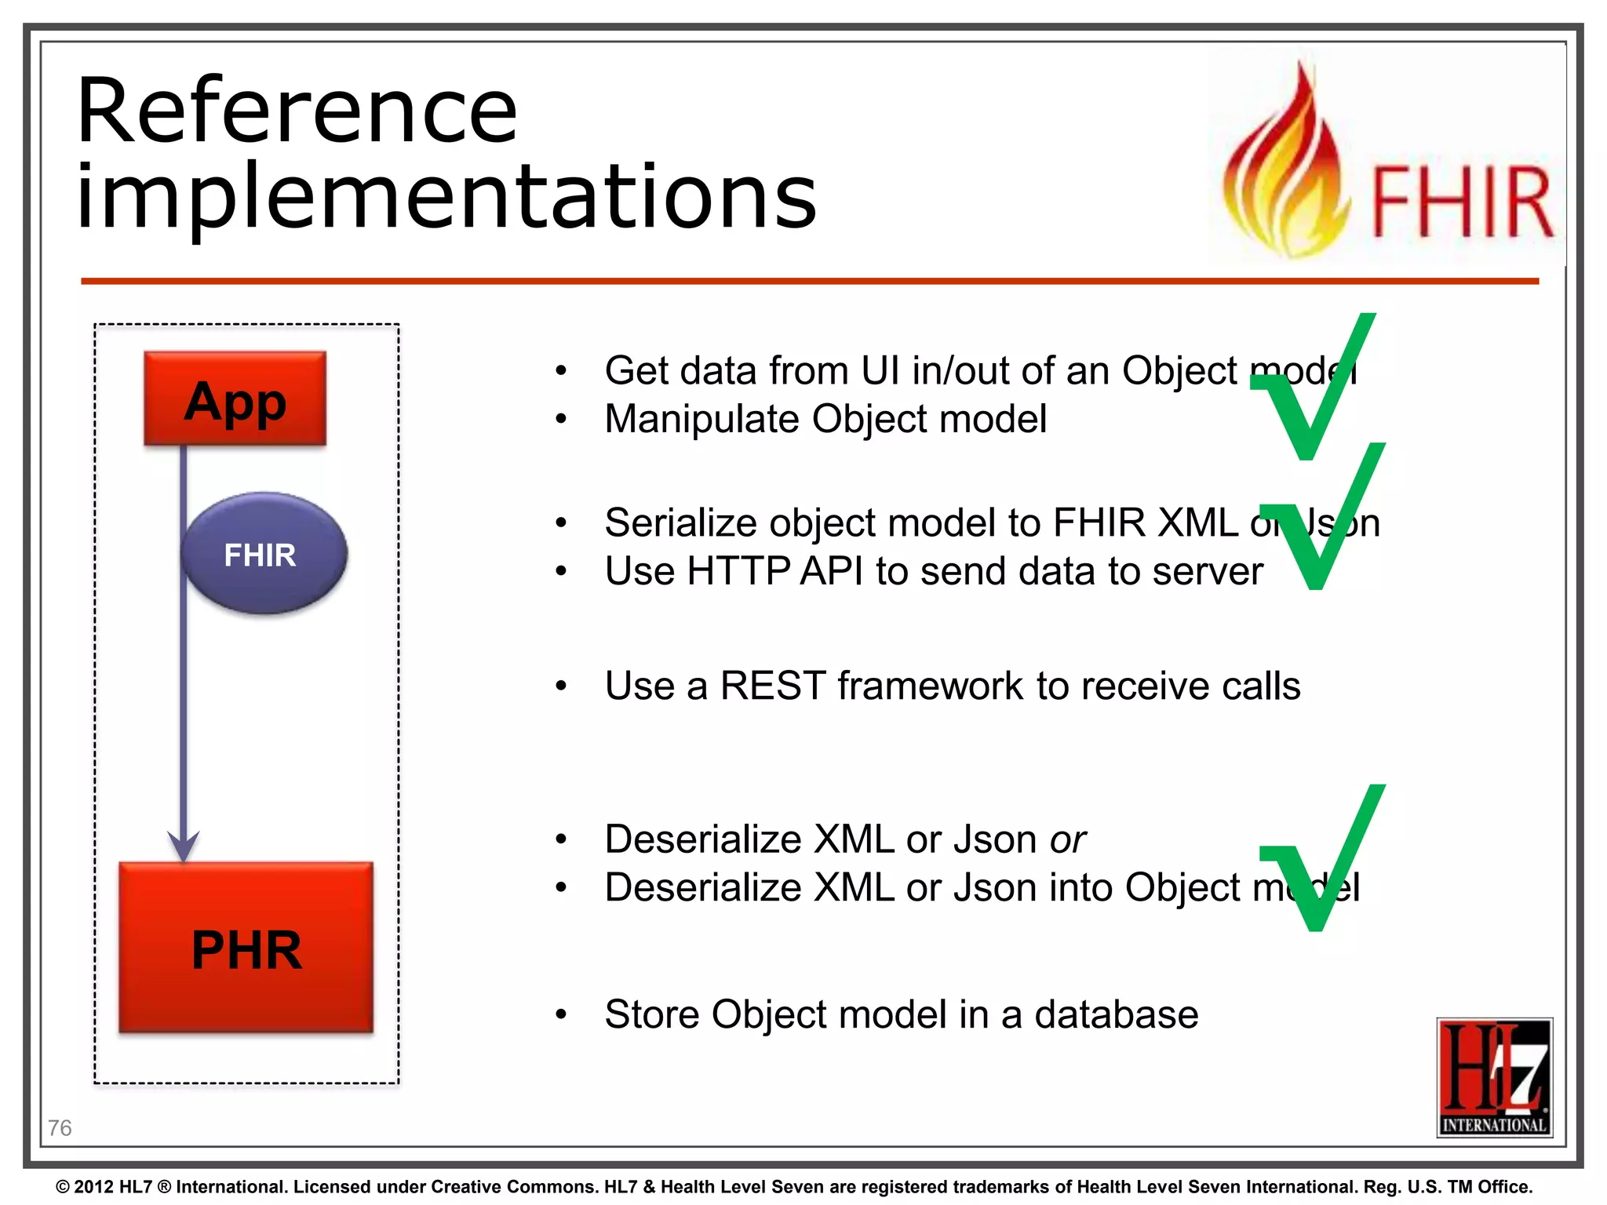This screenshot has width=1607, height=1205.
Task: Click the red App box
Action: (x=235, y=399)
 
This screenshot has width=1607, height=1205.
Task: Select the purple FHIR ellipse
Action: (x=264, y=553)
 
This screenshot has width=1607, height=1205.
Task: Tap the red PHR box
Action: (x=246, y=948)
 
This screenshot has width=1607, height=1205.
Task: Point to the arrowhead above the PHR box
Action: (x=184, y=846)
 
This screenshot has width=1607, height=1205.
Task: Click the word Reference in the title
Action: (x=297, y=111)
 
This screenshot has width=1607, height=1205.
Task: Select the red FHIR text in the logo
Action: (x=1461, y=202)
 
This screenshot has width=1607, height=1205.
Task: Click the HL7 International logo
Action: (x=1494, y=1077)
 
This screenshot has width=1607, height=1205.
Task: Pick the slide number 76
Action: (x=60, y=1128)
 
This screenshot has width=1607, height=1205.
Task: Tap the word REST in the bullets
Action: (x=772, y=686)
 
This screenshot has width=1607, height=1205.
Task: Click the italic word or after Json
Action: (x=1068, y=839)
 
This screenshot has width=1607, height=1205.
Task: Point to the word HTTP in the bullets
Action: (x=738, y=571)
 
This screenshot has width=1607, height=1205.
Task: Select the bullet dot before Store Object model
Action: (x=560, y=1014)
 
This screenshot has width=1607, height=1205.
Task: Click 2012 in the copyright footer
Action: (x=94, y=1187)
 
